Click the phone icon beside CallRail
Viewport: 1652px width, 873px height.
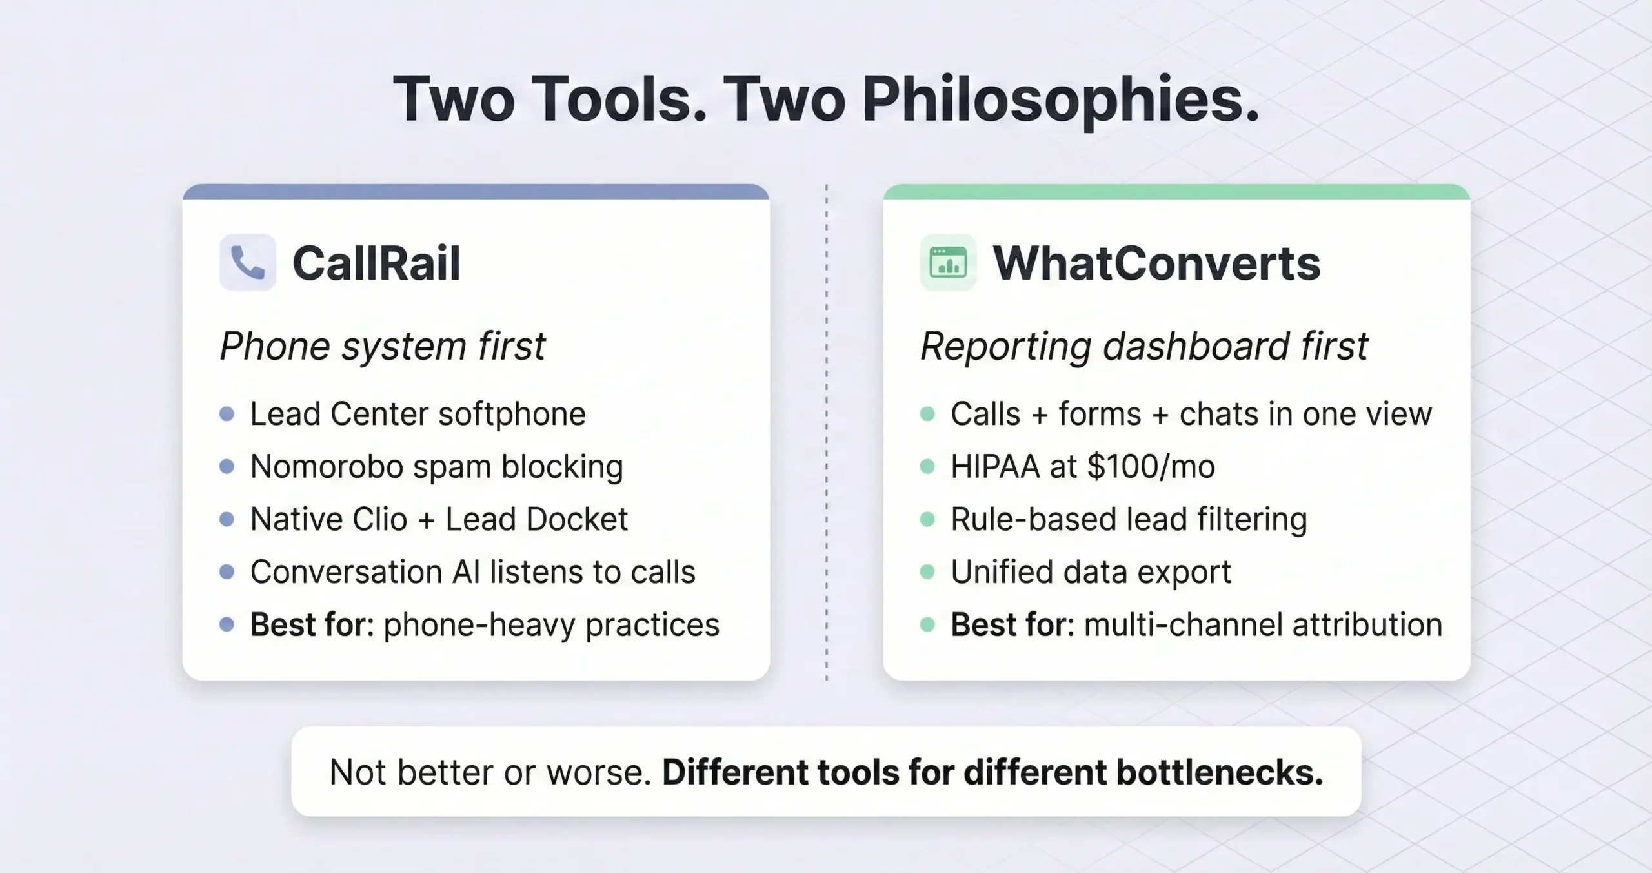point(248,263)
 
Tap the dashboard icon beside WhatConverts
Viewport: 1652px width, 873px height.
point(948,263)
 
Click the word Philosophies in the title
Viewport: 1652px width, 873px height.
point(1060,100)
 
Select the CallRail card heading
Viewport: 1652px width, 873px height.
point(376,263)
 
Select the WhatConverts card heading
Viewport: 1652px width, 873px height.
point(1156,263)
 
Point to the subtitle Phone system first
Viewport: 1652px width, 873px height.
point(383,346)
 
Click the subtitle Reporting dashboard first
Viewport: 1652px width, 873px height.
point(1143,346)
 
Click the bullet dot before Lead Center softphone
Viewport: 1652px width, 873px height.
point(227,414)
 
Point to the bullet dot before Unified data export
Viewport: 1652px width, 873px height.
point(927,572)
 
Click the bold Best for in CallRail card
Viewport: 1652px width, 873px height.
point(312,625)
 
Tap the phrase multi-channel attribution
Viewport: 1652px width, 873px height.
point(1263,625)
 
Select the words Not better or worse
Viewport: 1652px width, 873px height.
point(490,772)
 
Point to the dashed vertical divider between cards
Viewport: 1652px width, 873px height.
point(826,433)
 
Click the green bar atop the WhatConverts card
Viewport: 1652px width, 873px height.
point(1176,192)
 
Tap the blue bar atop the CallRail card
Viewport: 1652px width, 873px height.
point(476,192)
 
